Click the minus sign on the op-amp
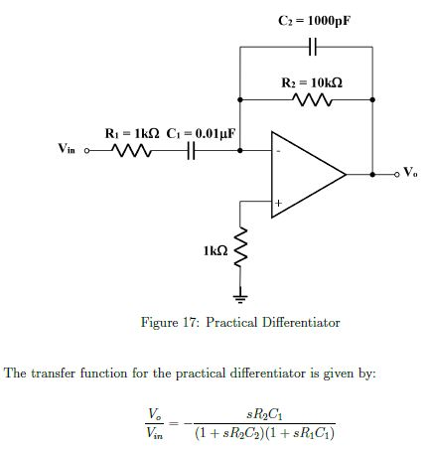tap(279, 152)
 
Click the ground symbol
tap(239, 295)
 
